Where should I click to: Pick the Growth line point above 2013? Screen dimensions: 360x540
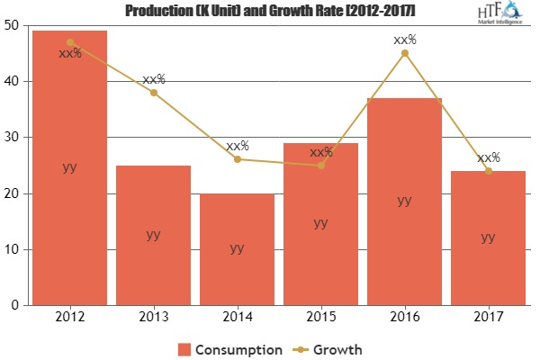tap(153, 93)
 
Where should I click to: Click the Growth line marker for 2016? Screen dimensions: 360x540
tap(404, 53)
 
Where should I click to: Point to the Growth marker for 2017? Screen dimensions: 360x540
tap(488, 171)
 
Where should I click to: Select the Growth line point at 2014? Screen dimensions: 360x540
tap(237, 159)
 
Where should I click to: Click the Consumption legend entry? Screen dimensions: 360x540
tap(229, 348)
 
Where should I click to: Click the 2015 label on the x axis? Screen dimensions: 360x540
tap(320, 317)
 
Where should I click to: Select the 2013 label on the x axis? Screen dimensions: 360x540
tap(153, 317)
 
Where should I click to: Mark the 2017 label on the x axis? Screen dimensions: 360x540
tap(488, 317)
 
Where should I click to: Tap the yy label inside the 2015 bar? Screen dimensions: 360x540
tap(320, 223)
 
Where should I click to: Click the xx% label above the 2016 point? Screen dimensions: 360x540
tap(404, 39)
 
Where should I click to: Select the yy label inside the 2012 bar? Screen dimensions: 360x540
tap(69, 167)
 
